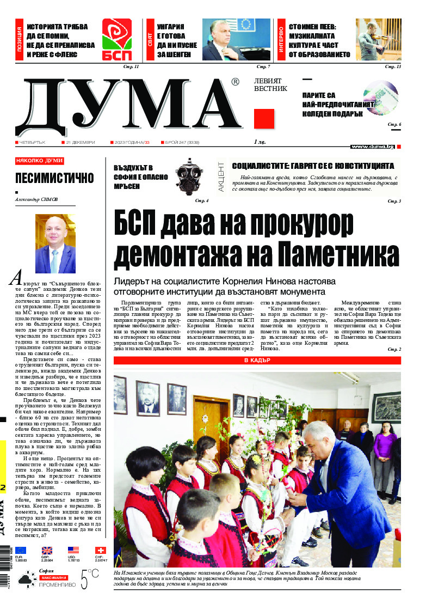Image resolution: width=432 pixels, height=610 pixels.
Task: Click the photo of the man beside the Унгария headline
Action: pyautogui.click(x=236, y=39)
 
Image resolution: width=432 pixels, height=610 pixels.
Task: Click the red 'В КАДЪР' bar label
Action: pyautogui.click(x=257, y=361)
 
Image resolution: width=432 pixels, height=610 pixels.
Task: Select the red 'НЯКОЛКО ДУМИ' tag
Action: pyautogui.click(x=40, y=161)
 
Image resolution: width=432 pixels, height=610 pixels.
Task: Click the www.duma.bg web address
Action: pyautogui.click(x=372, y=147)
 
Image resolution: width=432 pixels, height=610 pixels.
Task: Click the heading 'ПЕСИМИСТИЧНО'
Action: pyautogui.click(x=54, y=178)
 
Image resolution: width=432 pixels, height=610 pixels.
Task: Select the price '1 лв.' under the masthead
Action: pyautogui.click(x=260, y=142)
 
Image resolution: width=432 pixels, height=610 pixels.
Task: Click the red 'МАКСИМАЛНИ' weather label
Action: pyautogui.click(x=53, y=577)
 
